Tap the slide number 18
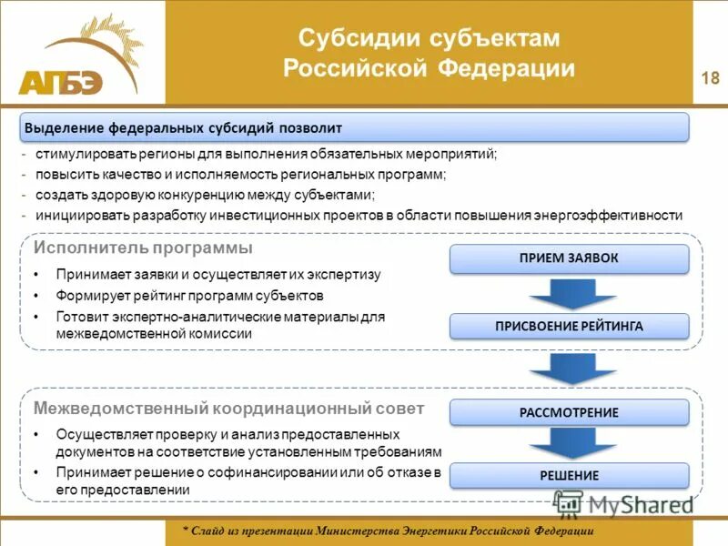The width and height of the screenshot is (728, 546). (x=710, y=78)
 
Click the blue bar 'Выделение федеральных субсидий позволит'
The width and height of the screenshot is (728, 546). (x=355, y=127)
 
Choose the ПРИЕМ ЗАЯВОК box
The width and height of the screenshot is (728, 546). (x=569, y=258)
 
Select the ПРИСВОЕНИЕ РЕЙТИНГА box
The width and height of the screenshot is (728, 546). (x=569, y=326)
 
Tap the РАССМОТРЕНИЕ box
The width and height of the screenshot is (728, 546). (x=569, y=412)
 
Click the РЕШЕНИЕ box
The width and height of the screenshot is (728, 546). (x=569, y=475)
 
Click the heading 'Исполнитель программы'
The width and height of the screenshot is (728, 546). (x=143, y=248)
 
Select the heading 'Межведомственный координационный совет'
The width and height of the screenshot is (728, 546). (x=228, y=408)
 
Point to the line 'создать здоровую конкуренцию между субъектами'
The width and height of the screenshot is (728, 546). (x=205, y=195)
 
